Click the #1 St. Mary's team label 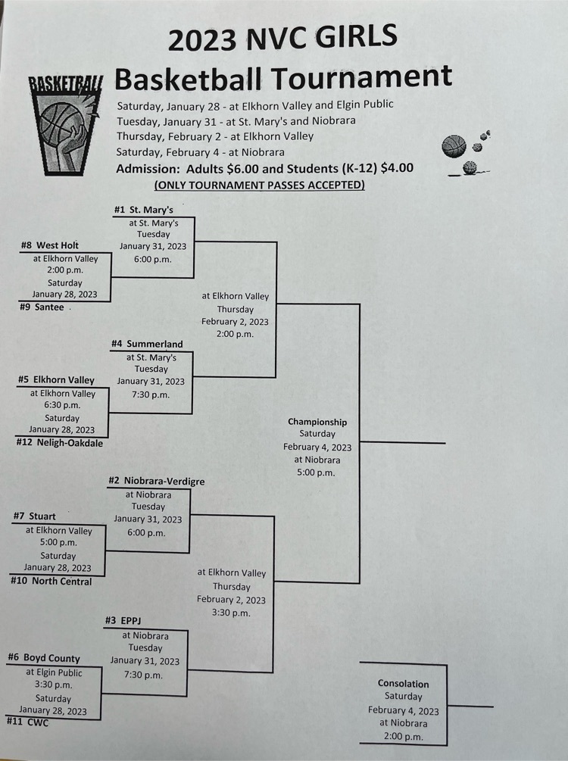pos(144,210)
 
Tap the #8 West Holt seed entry pos(49,245)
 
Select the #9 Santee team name pos(42,307)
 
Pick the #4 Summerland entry pos(147,344)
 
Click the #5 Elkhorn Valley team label pos(56,379)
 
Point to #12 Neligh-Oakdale pos(59,443)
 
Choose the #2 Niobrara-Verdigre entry pos(156,481)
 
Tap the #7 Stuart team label pos(35,516)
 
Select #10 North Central pos(51,581)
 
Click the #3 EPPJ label pos(123,620)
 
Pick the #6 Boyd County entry pos(44,657)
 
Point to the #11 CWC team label pos(28,722)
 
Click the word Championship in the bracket pos(317,422)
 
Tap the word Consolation pos(404,683)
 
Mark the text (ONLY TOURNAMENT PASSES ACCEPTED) pos(259,185)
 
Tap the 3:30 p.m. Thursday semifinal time pos(231,613)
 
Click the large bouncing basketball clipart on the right pos(454,146)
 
